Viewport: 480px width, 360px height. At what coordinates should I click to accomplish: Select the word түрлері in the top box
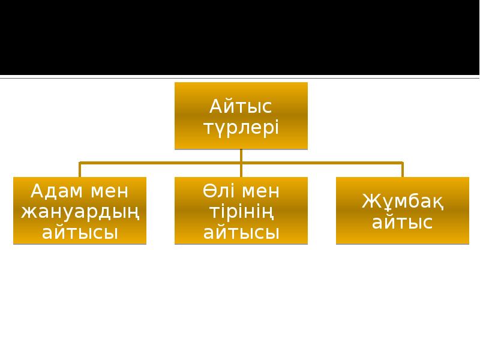click(241, 128)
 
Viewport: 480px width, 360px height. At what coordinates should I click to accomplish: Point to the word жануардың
click(80, 212)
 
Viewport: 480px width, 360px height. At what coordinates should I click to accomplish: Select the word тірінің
click(241, 212)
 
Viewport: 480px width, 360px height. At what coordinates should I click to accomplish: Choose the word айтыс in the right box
click(402, 223)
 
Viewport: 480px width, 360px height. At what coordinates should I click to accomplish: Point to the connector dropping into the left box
click(80, 169)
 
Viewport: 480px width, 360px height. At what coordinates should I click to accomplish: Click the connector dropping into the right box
click(402, 169)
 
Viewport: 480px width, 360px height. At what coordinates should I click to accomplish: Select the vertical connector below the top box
click(241, 155)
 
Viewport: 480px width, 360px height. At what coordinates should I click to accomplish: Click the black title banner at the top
click(240, 36)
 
